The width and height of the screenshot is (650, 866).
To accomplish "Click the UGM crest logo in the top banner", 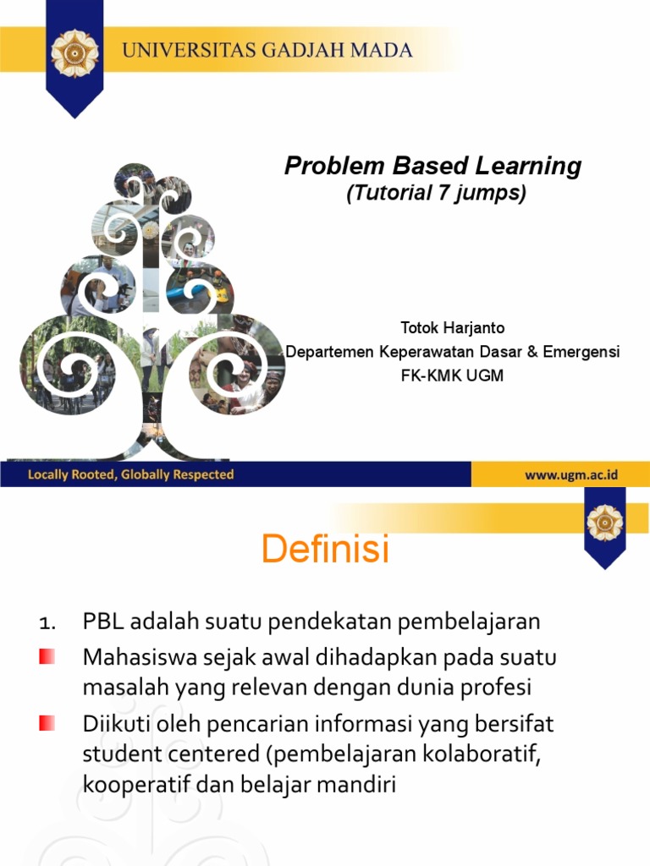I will tap(74, 52).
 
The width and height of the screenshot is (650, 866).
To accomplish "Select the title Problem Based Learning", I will tap(432, 166).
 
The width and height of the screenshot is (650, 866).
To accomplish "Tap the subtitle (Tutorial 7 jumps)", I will tap(436, 193).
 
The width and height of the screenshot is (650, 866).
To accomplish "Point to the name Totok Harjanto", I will tap(452, 327).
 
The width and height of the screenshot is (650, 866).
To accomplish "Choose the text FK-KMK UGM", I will tap(452, 375).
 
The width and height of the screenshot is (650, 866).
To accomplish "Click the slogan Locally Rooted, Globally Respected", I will tap(130, 474).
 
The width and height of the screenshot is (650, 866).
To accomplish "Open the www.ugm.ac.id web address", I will tap(571, 474).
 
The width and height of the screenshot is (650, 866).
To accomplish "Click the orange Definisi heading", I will tap(325, 550).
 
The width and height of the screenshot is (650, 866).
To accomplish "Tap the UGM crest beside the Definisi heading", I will tap(605, 523).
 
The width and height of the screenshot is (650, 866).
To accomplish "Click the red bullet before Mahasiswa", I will tap(47, 656).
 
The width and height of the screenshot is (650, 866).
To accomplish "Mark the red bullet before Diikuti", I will tap(47, 723).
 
